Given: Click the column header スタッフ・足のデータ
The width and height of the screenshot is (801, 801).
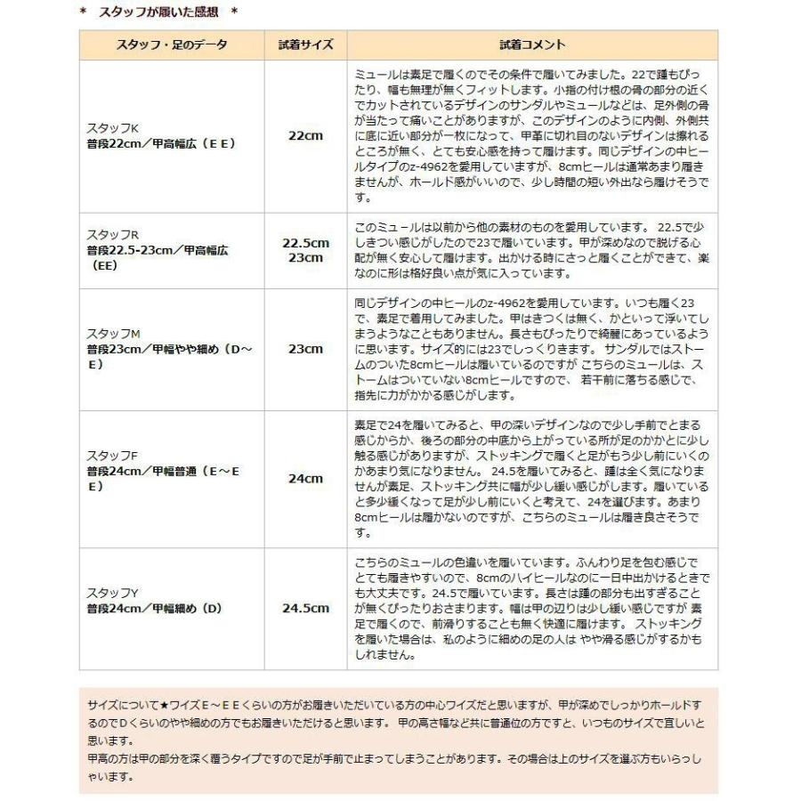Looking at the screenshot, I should [171, 44].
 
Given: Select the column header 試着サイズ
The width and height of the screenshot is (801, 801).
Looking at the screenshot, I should [304, 44].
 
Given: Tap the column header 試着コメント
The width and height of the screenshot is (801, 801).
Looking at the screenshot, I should [531, 44].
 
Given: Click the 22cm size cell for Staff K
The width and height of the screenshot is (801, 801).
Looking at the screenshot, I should [304, 135].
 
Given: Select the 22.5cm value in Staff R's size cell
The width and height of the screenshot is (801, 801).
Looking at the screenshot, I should [305, 242].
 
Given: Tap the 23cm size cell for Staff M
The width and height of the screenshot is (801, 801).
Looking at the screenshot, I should [305, 348].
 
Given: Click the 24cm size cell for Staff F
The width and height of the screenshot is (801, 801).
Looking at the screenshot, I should [305, 478].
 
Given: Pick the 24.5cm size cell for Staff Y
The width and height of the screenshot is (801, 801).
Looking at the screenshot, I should [305, 609].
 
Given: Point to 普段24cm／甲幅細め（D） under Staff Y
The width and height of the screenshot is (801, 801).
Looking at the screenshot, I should [153, 608].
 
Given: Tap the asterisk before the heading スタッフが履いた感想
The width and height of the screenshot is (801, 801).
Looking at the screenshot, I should [82, 14].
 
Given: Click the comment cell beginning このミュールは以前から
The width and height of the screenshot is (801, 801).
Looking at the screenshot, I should [531, 249].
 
